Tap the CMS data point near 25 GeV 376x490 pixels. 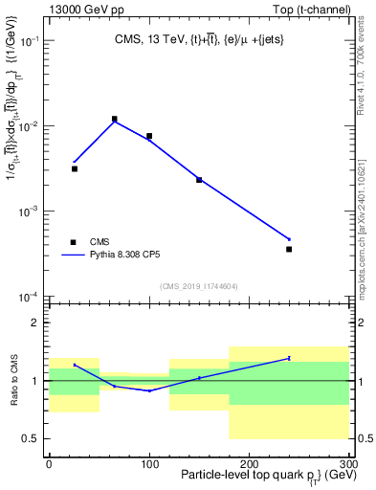pos(74,168)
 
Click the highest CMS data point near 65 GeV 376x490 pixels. pos(114,120)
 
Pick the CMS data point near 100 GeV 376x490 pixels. pos(149,136)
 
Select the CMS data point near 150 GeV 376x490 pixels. pos(199,179)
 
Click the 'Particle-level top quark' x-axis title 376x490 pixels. pos(239,476)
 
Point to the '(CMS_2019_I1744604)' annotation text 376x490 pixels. pos(199,285)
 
